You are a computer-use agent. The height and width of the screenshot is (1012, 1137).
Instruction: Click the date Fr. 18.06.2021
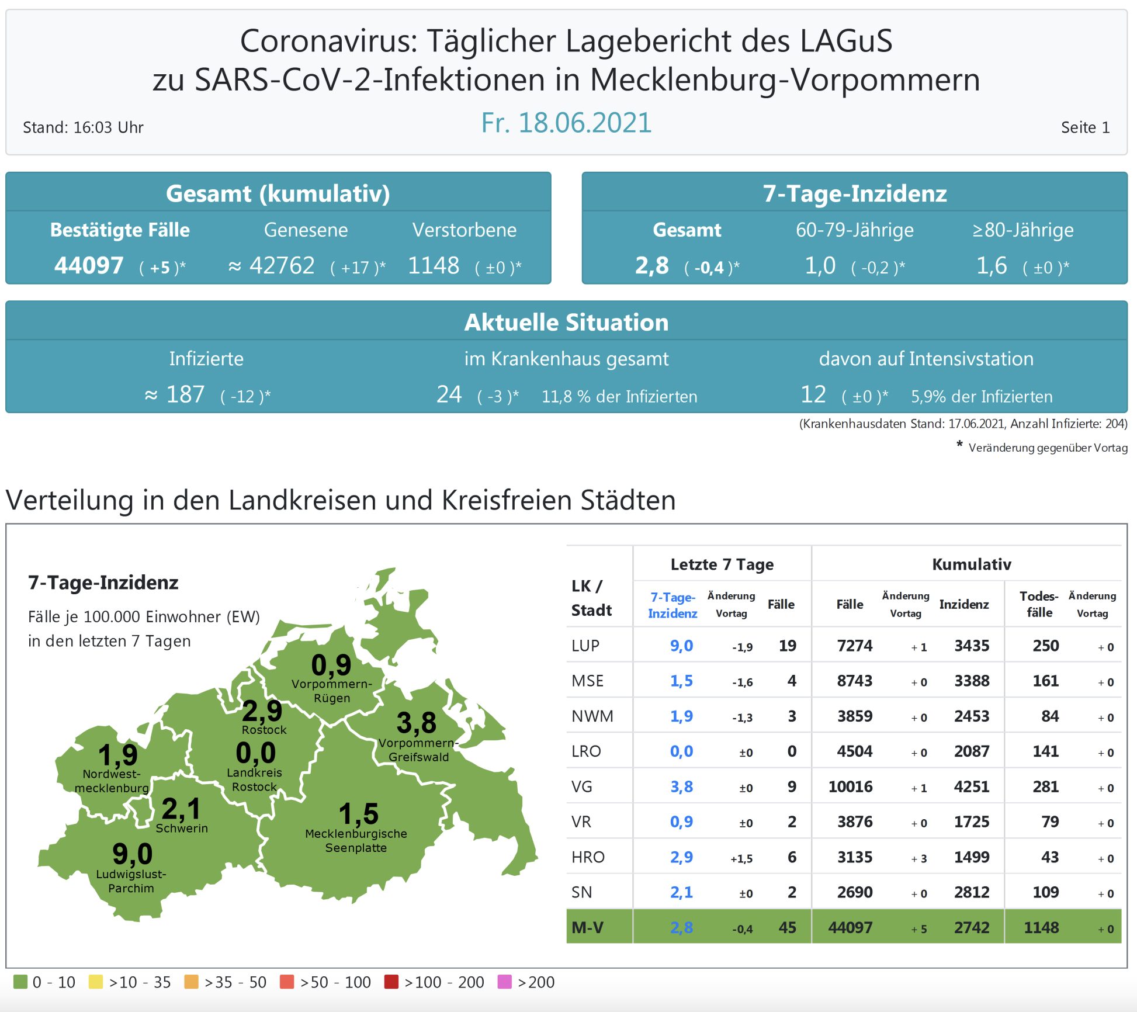pos(566,123)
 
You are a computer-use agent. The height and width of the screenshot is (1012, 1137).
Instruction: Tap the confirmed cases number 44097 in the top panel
pos(89,266)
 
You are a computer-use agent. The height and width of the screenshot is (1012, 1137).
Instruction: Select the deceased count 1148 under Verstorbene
pos(434,266)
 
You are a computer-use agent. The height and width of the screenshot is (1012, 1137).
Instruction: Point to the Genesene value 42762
pos(282,266)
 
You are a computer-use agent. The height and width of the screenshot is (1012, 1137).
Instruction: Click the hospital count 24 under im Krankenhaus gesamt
pos(449,394)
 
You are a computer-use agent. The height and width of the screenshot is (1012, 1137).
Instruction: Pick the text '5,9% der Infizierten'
pos(982,397)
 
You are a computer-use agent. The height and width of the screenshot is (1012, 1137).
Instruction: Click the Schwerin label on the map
pos(182,828)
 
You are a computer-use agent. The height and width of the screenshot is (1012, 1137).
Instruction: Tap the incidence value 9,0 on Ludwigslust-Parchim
pos(133,854)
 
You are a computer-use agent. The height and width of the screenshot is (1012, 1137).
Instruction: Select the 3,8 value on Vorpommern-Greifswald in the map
pos(416,723)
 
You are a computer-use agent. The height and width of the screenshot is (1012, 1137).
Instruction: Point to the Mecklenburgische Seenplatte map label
pos(356,840)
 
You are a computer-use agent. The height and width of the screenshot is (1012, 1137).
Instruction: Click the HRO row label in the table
pos(588,857)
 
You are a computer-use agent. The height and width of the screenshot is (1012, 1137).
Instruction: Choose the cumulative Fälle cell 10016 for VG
pos(850,786)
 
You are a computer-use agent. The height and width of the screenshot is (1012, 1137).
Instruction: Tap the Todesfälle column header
pos(1039,604)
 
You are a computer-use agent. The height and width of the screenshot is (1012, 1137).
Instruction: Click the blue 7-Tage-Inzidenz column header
pos(673,605)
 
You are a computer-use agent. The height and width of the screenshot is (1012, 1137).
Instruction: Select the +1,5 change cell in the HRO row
pos(741,858)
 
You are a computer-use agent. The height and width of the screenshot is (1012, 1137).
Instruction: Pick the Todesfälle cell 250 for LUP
pos(1045,646)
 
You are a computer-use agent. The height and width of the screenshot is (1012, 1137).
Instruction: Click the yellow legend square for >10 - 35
pos(95,982)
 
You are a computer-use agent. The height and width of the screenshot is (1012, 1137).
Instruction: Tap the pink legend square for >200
pos(504,982)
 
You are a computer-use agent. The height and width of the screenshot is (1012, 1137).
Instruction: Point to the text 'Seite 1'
pos(1085,127)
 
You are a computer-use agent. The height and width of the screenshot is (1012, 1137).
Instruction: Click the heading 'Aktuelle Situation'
pos(566,323)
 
